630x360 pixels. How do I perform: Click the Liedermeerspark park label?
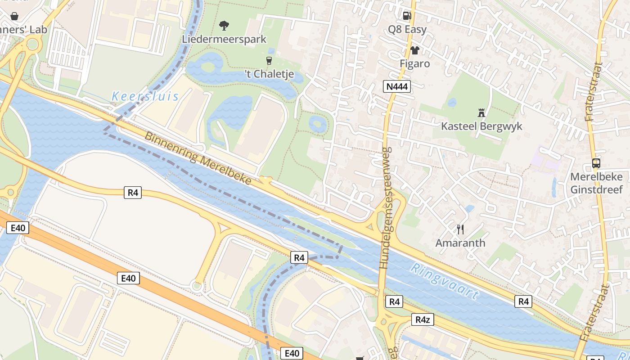tap(224, 39)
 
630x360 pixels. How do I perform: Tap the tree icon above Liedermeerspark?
tap(224, 26)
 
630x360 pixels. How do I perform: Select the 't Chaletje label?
tap(269, 74)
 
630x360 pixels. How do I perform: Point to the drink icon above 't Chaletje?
tap(269, 60)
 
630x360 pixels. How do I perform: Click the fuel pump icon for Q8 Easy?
tap(407, 16)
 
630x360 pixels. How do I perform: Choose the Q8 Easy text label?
tap(407, 29)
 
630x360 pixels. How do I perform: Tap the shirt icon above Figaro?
tap(414, 50)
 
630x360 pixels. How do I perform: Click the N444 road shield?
tap(397, 86)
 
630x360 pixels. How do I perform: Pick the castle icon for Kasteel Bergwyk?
tap(481, 112)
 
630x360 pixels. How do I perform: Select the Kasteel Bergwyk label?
tap(481, 126)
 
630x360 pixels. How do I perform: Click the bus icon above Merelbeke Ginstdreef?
tap(596, 163)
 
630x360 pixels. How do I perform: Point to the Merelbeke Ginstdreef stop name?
tap(596, 183)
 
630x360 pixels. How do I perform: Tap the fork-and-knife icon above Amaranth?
tap(460, 229)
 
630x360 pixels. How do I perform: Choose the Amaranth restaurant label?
tap(460, 243)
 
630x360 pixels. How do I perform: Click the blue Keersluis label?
tap(145, 96)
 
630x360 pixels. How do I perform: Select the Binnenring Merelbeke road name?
tap(198, 158)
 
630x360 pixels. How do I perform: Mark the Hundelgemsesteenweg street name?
tap(386, 208)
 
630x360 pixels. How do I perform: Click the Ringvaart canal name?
tap(445, 282)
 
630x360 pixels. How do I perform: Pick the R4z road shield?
tap(423, 319)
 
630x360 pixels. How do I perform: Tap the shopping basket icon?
tap(14, 16)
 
